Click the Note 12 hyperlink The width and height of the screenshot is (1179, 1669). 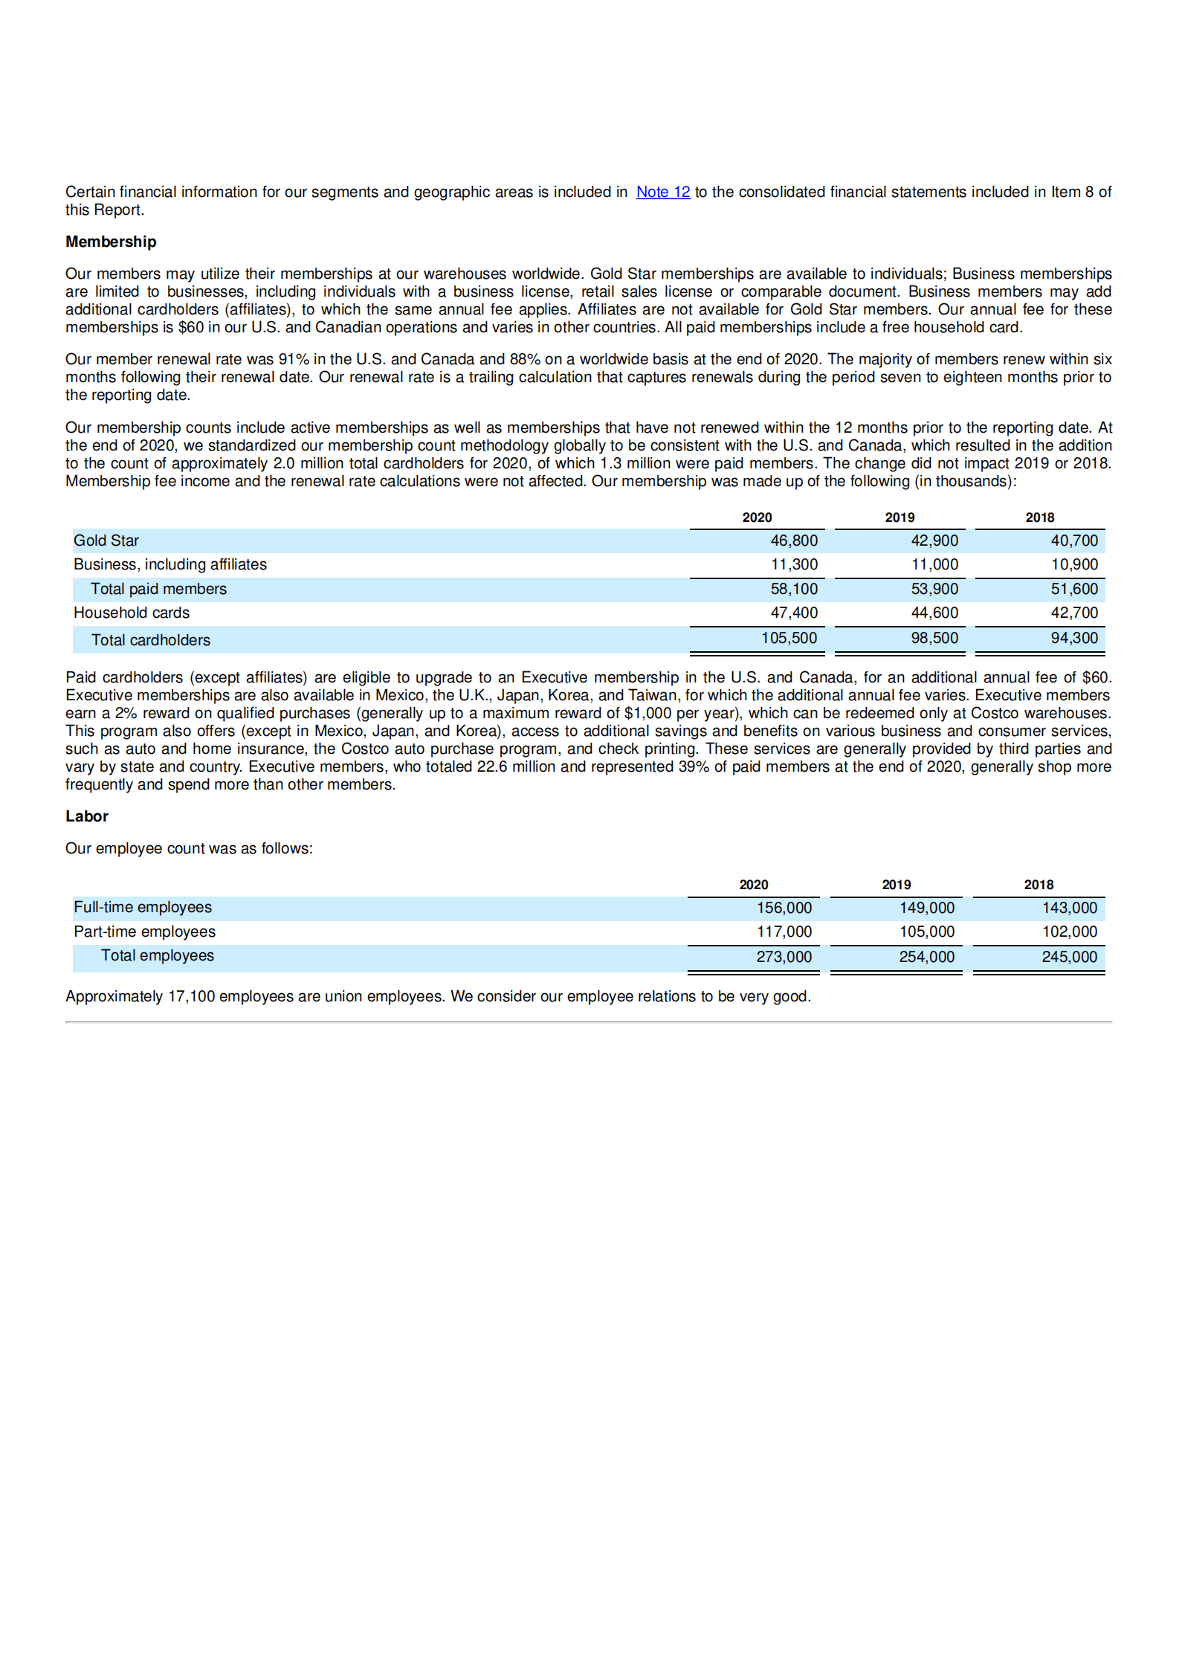pyautogui.click(x=662, y=192)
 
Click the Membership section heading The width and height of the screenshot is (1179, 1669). pyautogui.click(x=111, y=242)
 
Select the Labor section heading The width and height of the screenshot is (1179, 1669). pyautogui.click(x=87, y=816)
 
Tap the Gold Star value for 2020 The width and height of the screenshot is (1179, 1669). pyautogui.click(x=793, y=540)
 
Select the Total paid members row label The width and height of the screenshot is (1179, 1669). pyautogui.click(x=158, y=589)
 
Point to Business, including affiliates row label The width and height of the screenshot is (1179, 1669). pyautogui.click(x=169, y=564)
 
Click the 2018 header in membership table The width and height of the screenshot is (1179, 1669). pyautogui.click(x=1039, y=517)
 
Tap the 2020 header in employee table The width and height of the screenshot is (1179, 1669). pyautogui.click(x=753, y=885)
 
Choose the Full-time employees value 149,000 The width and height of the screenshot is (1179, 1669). pyautogui.click(x=926, y=908)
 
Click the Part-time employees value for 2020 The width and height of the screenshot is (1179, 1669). pyautogui.click(x=784, y=932)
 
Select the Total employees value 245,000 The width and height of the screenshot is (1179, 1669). pyautogui.click(x=1069, y=957)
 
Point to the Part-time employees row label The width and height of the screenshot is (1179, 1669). pyautogui.click(x=144, y=932)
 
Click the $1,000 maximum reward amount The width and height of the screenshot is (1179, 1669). pyautogui.click(x=647, y=713)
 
